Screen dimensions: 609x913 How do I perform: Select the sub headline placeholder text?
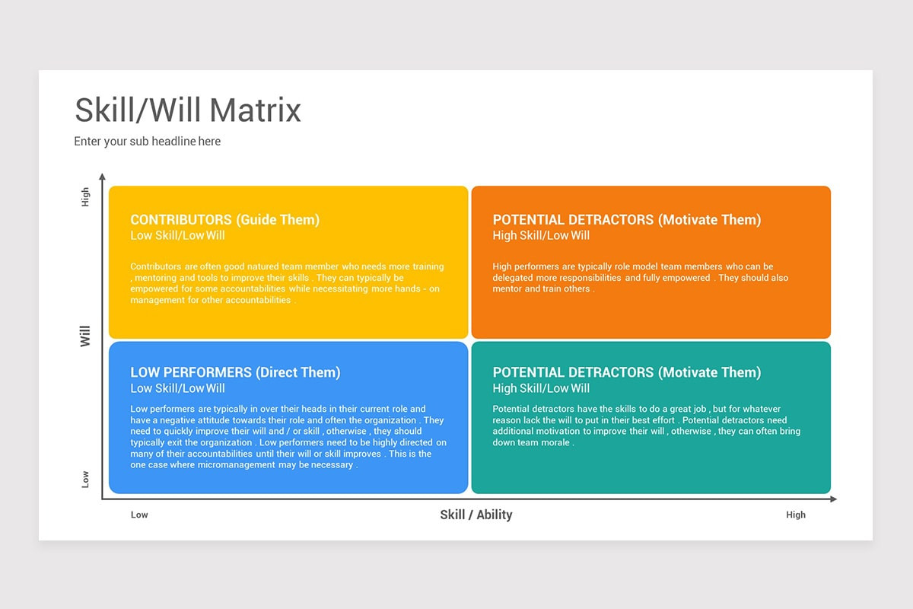[x=147, y=142]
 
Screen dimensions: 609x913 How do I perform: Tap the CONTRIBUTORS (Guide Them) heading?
[x=224, y=220]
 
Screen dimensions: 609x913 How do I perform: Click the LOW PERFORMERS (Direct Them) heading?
[x=235, y=372]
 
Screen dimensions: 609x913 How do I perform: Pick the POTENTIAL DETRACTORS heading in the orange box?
[x=626, y=220]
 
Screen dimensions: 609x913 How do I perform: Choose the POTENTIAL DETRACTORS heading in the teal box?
[x=626, y=372]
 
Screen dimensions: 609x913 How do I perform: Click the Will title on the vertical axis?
[x=85, y=336]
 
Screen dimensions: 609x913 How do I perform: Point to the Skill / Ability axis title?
[x=476, y=515]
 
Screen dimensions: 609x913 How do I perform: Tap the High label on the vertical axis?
[x=85, y=197]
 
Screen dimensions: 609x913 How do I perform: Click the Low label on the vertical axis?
[x=85, y=479]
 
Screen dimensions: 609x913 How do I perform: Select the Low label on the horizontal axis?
[x=139, y=515]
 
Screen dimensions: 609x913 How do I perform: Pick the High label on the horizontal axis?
[x=795, y=515]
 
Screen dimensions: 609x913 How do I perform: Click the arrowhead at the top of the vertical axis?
[x=102, y=177]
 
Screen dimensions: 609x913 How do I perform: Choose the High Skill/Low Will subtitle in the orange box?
[x=541, y=236]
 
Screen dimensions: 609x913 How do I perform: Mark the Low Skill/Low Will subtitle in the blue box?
[x=177, y=388]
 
